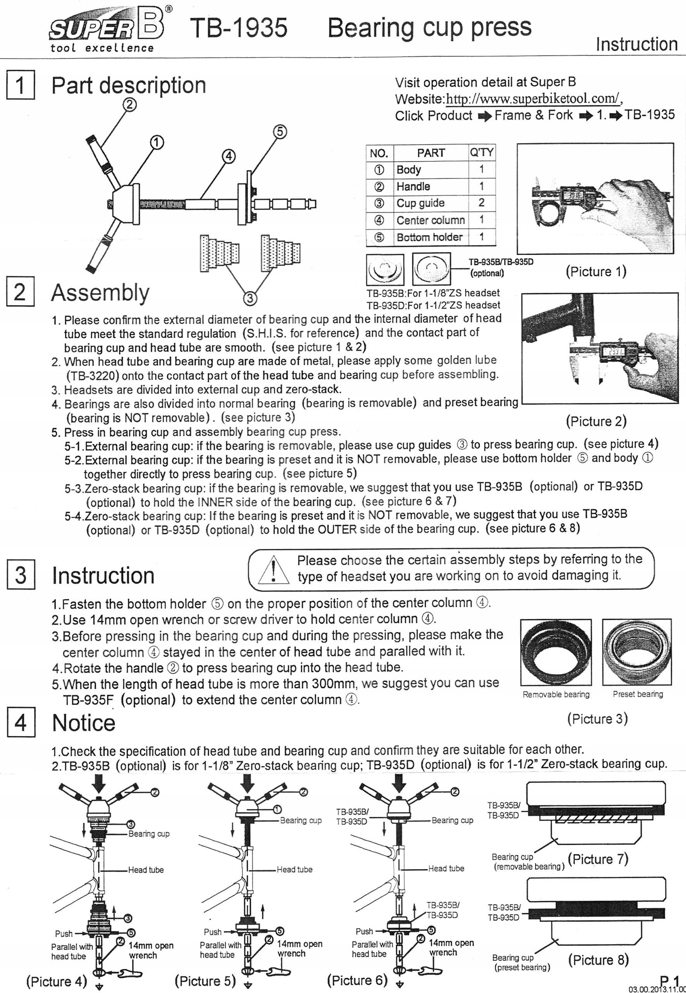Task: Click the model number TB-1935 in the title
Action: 239,28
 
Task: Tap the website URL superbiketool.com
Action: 533,99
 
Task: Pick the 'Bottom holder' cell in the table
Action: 429,237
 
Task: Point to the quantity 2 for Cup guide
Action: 481,202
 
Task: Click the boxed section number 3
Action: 20,575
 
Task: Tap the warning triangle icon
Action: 273,569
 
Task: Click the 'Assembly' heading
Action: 100,293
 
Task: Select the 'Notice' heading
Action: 84,723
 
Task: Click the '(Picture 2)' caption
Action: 596,421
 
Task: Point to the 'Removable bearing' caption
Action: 556,694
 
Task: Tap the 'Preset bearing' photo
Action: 636,652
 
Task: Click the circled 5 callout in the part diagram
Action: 279,131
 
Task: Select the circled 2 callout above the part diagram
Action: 130,104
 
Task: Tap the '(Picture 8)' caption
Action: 598,960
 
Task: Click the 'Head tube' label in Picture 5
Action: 295,869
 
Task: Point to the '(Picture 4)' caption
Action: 57,981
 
